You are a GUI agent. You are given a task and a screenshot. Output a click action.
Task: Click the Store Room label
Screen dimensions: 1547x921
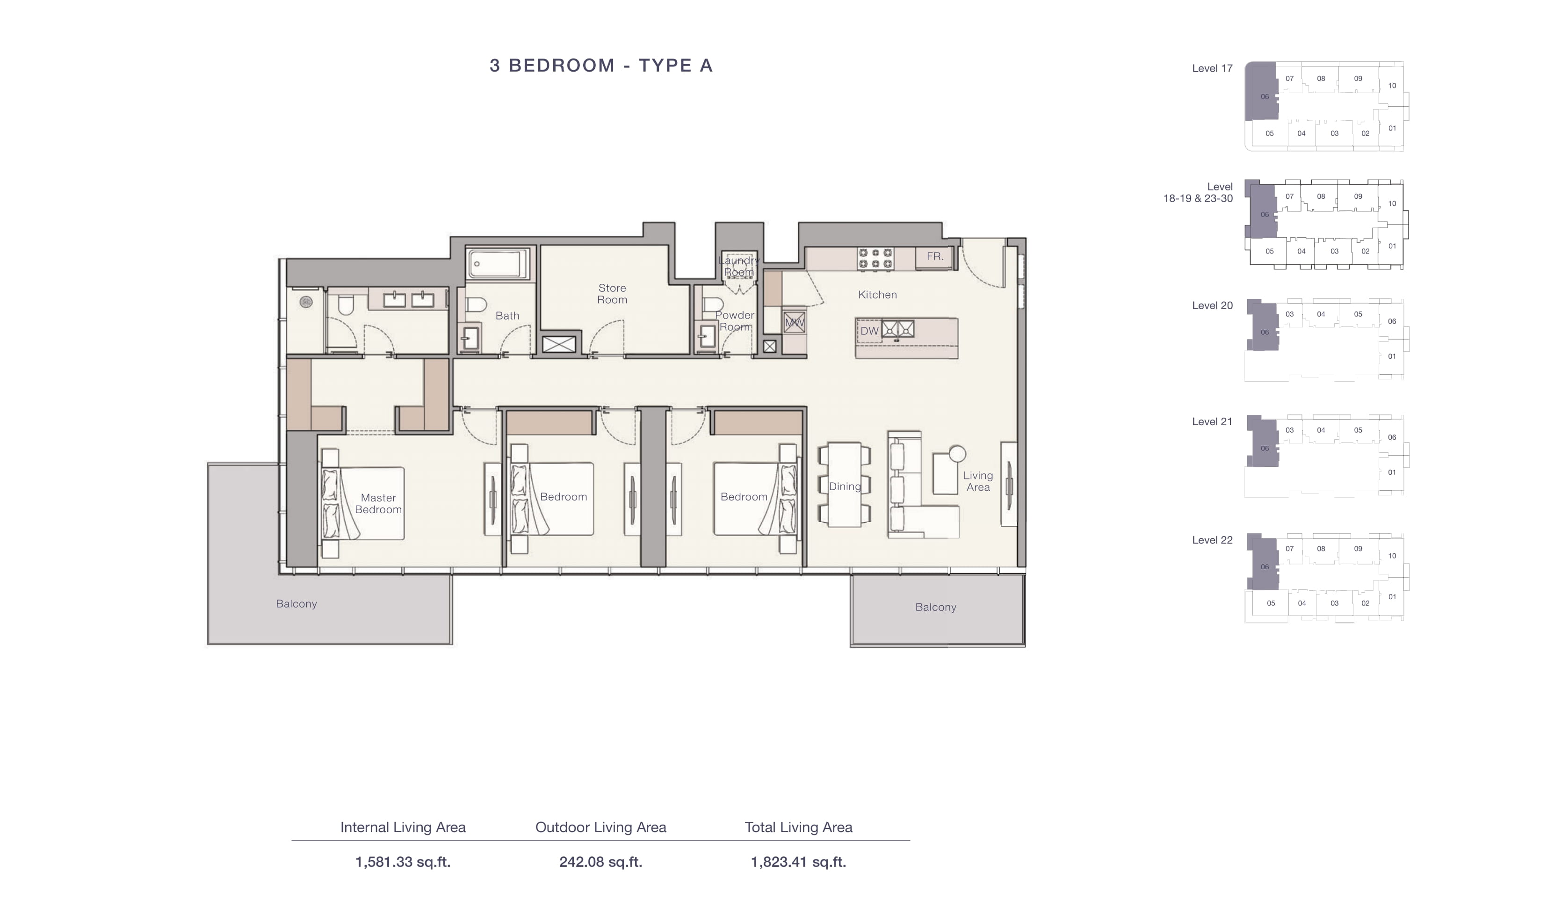[612, 294]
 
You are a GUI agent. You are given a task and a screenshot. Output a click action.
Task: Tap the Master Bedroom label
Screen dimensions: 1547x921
[378, 503]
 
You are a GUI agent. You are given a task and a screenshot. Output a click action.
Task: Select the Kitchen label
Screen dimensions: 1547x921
[877, 295]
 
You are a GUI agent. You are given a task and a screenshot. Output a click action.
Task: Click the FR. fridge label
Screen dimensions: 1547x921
[935, 256]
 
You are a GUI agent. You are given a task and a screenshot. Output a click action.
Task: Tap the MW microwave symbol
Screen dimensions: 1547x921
[794, 323]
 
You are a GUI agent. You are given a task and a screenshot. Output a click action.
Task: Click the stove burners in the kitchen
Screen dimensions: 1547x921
[875, 259]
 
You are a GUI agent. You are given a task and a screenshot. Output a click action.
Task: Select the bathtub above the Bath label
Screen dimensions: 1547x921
[498, 264]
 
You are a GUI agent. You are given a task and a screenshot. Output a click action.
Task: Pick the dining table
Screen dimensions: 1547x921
[844, 485]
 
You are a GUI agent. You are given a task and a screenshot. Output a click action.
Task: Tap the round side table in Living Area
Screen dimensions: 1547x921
[957, 454]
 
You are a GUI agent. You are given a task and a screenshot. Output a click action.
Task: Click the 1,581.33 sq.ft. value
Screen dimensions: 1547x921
[403, 862]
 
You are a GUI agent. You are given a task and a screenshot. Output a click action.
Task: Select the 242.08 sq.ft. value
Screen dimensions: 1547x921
[600, 862]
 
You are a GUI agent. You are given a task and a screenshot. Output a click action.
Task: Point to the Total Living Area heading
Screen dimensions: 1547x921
[798, 827]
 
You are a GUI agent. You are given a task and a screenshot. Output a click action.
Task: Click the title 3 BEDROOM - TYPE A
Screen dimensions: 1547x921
[601, 65]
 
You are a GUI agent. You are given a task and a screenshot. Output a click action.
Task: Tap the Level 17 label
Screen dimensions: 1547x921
[1212, 68]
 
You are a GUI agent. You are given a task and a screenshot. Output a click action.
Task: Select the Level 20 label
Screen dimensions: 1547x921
[1212, 305]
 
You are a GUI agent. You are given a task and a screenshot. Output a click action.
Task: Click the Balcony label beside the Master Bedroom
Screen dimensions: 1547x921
[296, 604]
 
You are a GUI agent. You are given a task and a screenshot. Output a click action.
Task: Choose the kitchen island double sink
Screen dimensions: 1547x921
[897, 329]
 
